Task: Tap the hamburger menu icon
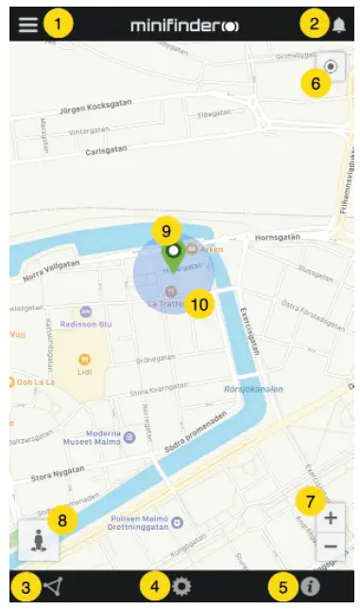coord(28,24)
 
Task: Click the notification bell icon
coord(339,25)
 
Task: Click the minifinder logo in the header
coord(184,25)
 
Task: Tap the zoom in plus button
coord(330,518)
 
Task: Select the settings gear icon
coord(181,587)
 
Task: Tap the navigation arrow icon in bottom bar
coord(53,587)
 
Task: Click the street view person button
coord(39,540)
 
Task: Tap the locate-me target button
coord(331,67)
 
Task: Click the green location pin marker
coord(172,252)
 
